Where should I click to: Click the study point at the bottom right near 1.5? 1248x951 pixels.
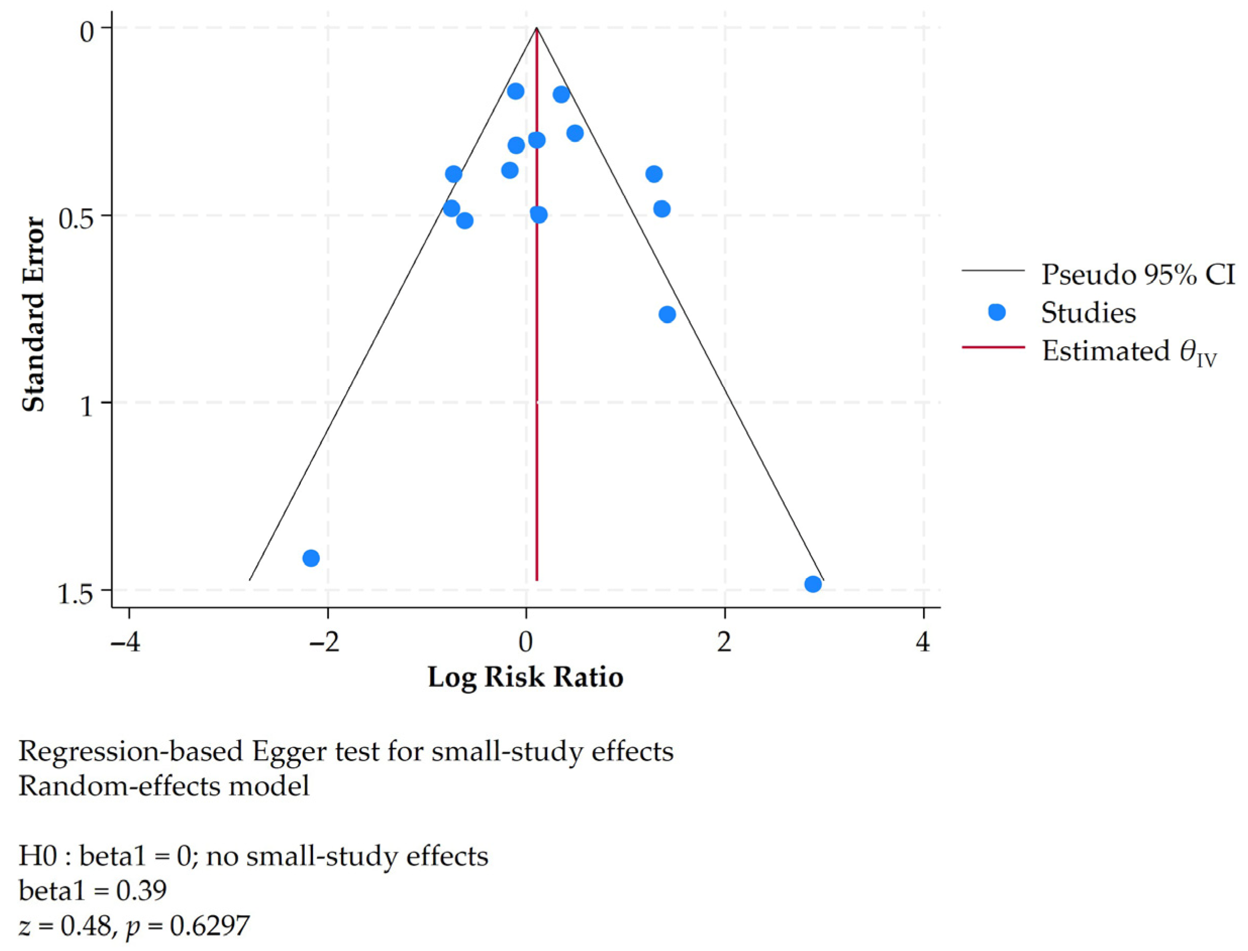tap(813, 584)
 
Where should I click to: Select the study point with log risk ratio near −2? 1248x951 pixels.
tap(311, 558)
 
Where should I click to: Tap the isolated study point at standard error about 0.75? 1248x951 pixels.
tap(667, 314)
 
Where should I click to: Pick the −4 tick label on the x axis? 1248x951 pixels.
tap(126, 643)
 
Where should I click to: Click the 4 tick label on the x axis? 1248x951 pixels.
tap(924, 643)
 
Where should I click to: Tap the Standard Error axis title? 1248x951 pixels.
tap(33, 314)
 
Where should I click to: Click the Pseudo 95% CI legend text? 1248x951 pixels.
tap(1138, 275)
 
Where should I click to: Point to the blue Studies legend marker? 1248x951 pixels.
tap(997, 312)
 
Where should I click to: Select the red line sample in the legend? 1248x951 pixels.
tap(993, 346)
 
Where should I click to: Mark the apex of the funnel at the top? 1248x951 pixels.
tap(536, 27)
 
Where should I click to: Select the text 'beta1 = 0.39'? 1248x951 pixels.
tap(93, 890)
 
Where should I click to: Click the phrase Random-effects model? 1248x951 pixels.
tap(164, 786)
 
